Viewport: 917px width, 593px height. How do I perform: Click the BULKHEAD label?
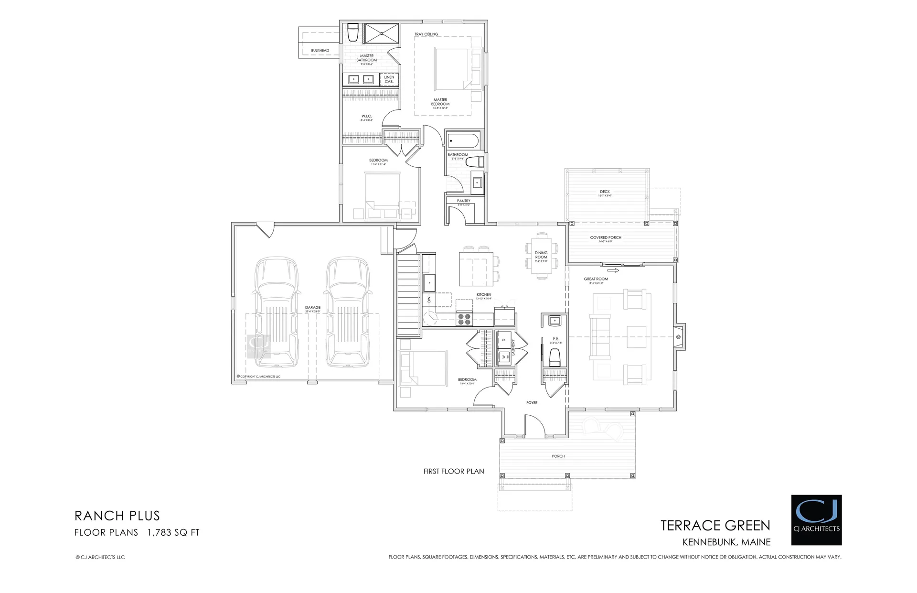[x=320, y=50]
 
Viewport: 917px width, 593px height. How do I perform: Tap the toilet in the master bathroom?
[x=353, y=33]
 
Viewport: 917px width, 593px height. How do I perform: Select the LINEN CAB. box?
[x=389, y=79]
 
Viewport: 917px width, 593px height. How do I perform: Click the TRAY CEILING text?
[x=426, y=34]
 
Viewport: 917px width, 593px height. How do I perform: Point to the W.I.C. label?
[x=366, y=116]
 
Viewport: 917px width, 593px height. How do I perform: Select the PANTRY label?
[x=463, y=201]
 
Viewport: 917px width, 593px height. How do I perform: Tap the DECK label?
[x=605, y=192]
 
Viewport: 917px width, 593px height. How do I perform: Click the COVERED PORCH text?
[x=605, y=237]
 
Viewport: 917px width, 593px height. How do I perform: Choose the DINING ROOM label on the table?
[x=541, y=255]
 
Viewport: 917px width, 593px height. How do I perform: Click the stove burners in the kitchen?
[x=464, y=319]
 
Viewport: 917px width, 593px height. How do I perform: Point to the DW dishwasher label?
[x=429, y=300]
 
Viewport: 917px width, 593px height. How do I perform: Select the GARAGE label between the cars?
[x=313, y=308]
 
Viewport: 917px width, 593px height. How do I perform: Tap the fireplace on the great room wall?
[x=679, y=337]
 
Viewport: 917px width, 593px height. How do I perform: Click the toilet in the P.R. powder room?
[x=554, y=356]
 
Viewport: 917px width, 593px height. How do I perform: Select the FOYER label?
[x=532, y=403]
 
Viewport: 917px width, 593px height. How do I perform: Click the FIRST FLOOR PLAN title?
[x=453, y=471]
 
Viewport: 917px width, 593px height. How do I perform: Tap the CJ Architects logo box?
[x=816, y=520]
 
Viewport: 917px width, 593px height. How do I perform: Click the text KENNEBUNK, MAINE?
[x=726, y=542]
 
